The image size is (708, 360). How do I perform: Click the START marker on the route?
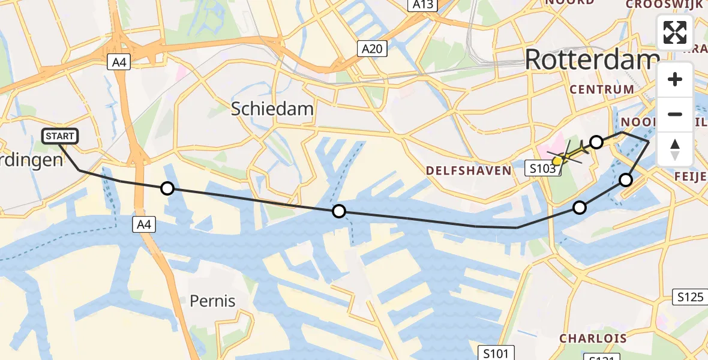point(61,136)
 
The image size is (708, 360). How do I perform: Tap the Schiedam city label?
point(272,109)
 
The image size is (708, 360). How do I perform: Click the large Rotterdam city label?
point(592,60)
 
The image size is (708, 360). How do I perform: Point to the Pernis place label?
point(212,301)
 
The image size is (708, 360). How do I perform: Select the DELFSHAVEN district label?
point(469,170)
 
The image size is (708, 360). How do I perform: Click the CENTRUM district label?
point(602,89)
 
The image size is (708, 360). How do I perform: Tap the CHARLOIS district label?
point(593,338)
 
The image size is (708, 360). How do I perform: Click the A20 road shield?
point(372,49)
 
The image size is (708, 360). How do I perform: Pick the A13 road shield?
point(423,5)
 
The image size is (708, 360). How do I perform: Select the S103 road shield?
point(543,169)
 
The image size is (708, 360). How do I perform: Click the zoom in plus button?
point(675,79)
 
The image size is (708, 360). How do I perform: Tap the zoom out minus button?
point(675,114)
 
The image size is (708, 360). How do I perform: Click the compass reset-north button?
point(675,149)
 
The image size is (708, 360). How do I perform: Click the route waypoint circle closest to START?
point(167,189)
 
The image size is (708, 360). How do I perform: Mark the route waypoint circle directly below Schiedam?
point(339,211)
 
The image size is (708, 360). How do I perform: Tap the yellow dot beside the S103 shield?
point(557,161)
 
